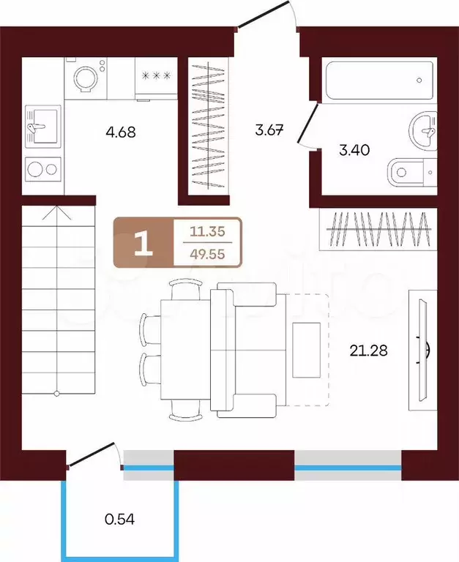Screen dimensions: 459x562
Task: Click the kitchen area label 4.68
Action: click(121, 132)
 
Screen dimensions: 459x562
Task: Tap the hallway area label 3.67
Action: click(269, 130)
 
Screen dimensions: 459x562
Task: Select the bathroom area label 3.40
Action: click(354, 150)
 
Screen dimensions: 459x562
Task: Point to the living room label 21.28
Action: click(369, 351)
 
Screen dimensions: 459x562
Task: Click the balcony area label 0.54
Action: click(120, 519)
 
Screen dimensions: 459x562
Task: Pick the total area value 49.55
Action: click(207, 254)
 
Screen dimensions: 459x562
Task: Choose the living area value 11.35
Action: click(207, 231)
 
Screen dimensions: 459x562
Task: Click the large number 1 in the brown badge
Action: click(143, 243)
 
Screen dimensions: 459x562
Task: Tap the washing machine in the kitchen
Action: click(86, 78)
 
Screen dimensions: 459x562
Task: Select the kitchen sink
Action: click(42, 126)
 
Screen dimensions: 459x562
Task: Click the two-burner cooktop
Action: click(42, 169)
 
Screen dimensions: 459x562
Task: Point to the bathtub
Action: click(379, 80)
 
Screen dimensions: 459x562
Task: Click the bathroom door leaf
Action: click(307, 124)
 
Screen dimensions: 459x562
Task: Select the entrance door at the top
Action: click(264, 14)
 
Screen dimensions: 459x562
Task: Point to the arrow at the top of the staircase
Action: click(57, 213)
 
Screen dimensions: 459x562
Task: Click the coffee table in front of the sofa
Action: click(306, 350)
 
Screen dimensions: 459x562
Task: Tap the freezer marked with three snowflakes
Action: click(157, 78)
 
